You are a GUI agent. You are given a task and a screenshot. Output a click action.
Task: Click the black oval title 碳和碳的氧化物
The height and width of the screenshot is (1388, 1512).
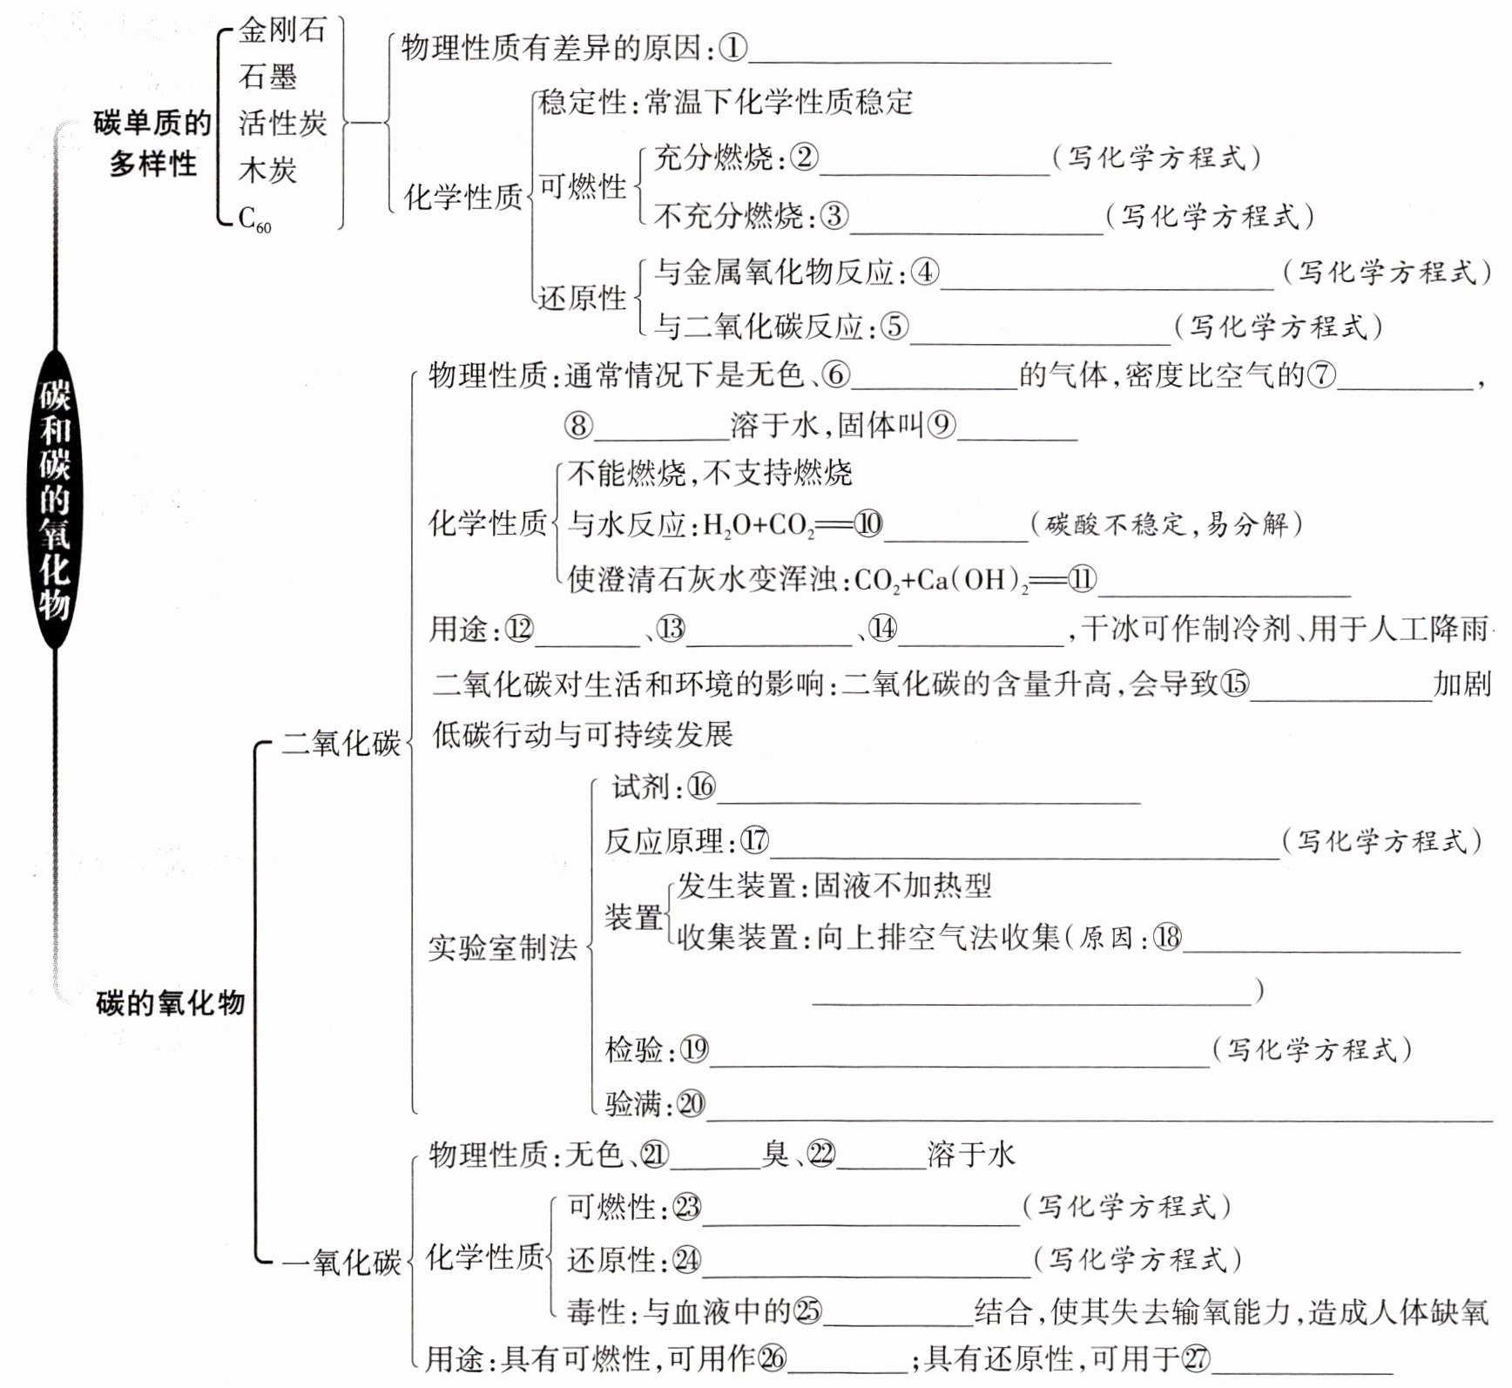(x=55, y=499)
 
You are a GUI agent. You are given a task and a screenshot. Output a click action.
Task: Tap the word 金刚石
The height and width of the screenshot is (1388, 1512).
(x=281, y=31)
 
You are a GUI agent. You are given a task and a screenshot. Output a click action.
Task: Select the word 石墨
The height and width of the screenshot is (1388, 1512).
(x=267, y=77)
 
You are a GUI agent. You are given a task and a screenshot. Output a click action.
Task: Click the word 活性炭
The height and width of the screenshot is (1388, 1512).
(x=282, y=123)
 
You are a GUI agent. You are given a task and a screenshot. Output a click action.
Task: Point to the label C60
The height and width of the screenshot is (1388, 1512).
(x=254, y=219)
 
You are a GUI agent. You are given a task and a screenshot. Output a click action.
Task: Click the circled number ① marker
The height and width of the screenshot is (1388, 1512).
(x=732, y=48)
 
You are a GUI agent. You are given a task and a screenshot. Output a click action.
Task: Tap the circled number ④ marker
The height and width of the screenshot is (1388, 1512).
(x=924, y=273)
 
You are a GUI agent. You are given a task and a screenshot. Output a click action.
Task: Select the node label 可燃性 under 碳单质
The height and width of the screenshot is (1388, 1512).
(x=583, y=186)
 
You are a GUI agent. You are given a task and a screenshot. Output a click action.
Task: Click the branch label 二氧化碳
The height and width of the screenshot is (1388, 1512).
(x=341, y=743)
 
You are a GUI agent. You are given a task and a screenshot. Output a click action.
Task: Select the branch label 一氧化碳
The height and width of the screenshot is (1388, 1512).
(x=341, y=1262)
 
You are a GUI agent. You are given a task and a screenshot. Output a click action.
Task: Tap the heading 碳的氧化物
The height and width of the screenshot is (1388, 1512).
(x=170, y=1003)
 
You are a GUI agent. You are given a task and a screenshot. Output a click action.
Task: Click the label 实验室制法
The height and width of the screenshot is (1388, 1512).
(x=503, y=947)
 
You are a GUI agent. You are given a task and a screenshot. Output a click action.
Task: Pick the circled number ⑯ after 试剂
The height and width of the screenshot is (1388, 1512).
(x=701, y=787)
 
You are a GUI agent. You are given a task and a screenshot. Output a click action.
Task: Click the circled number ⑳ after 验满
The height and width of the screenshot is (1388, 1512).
(x=691, y=1104)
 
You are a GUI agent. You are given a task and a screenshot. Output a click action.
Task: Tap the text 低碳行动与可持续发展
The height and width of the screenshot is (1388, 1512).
(x=583, y=735)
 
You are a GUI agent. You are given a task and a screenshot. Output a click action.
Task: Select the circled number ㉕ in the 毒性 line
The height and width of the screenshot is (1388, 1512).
(x=807, y=1311)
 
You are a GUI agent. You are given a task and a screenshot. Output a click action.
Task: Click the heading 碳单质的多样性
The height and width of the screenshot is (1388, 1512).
(x=152, y=143)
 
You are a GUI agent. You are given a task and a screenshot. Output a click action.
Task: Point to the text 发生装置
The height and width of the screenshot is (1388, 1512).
(x=736, y=886)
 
